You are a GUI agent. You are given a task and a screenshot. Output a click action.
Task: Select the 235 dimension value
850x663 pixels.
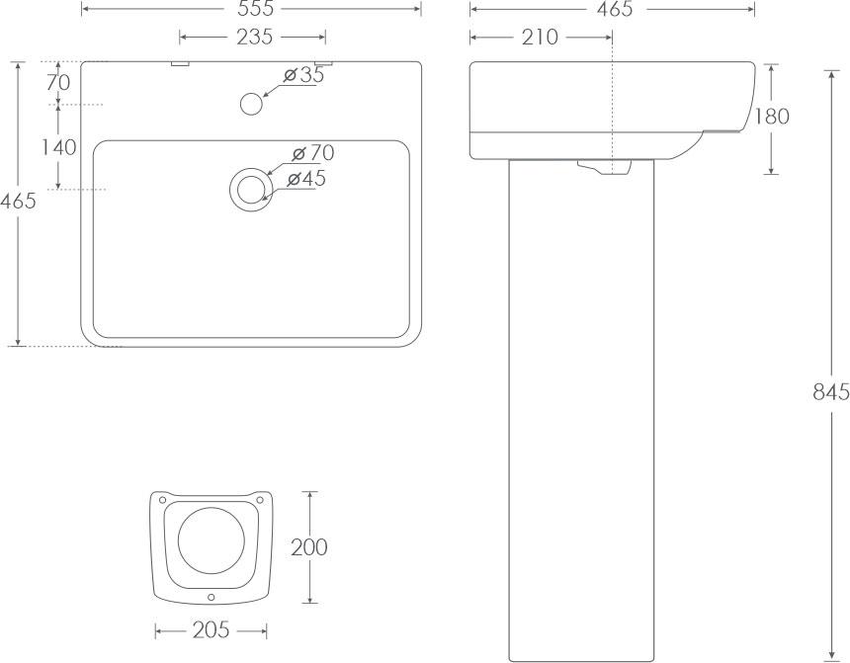pyautogui.click(x=255, y=37)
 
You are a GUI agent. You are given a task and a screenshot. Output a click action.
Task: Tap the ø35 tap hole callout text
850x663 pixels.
pyautogui.click(x=303, y=75)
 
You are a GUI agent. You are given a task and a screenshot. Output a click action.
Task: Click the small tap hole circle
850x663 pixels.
pyautogui.click(x=251, y=104)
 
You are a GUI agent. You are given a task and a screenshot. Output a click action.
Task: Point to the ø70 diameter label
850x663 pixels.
pyautogui.click(x=313, y=153)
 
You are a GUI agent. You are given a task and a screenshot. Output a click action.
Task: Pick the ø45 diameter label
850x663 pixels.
pyautogui.click(x=306, y=179)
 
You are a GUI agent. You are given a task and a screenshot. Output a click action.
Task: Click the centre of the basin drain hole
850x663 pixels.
pyautogui.click(x=250, y=189)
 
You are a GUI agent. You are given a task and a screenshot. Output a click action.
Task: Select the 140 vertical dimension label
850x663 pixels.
pyautogui.click(x=59, y=147)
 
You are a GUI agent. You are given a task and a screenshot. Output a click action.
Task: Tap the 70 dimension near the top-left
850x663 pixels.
pyautogui.click(x=58, y=83)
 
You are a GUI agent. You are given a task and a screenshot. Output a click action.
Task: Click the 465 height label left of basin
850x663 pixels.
pyautogui.click(x=18, y=202)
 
